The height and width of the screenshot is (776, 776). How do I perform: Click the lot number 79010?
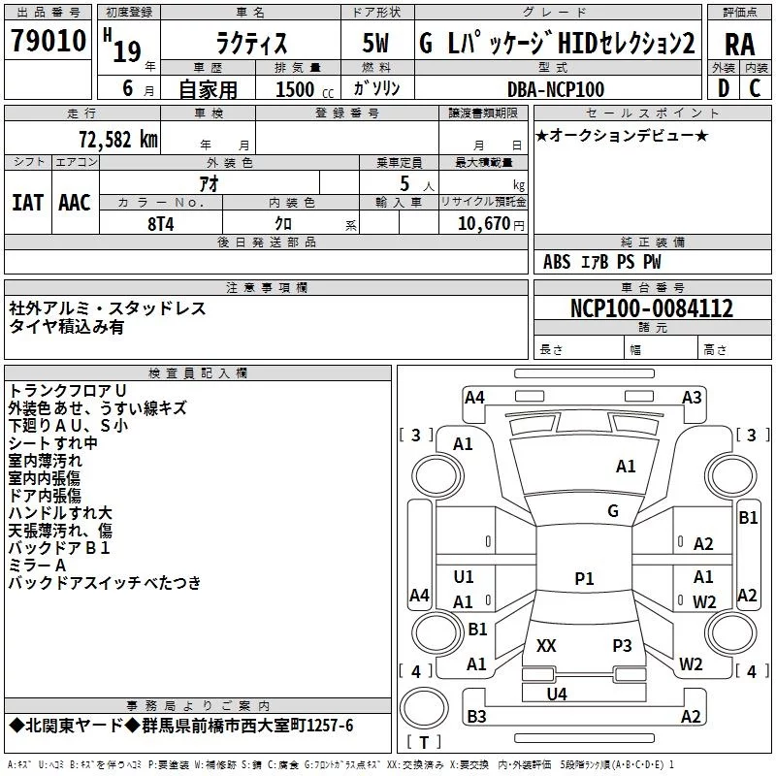click(48, 40)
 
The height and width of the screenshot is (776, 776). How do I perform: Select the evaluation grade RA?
click(739, 45)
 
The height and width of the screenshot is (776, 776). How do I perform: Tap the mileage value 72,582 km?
click(117, 140)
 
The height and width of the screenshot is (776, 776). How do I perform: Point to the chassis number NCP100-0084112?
click(651, 307)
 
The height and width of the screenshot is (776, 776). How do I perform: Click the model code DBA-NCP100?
click(556, 89)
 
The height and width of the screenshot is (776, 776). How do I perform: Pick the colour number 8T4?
click(161, 224)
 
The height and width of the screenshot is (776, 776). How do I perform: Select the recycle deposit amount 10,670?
click(483, 224)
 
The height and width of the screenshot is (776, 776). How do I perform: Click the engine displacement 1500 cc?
click(305, 89)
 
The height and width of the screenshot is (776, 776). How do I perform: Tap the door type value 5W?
click(375, 43)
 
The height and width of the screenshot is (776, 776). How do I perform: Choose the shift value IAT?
click(27, 203)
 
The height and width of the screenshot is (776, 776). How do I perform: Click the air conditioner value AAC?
click(75, 203)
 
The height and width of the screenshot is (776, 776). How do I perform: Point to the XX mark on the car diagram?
click(546, 645)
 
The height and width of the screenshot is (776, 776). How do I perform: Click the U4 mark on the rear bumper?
click(557, 695)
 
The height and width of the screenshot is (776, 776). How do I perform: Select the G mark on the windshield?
click(613, 511)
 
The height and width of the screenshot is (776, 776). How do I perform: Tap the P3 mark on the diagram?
click(622, 645)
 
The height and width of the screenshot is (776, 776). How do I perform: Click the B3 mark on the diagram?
click(476, 716)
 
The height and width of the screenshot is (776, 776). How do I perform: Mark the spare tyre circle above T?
click(424, 707)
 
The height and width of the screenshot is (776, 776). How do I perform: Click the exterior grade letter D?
click(724, 88)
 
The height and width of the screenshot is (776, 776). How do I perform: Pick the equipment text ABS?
click(557, 262)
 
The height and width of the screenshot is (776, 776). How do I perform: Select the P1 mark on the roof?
click(584, 578)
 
